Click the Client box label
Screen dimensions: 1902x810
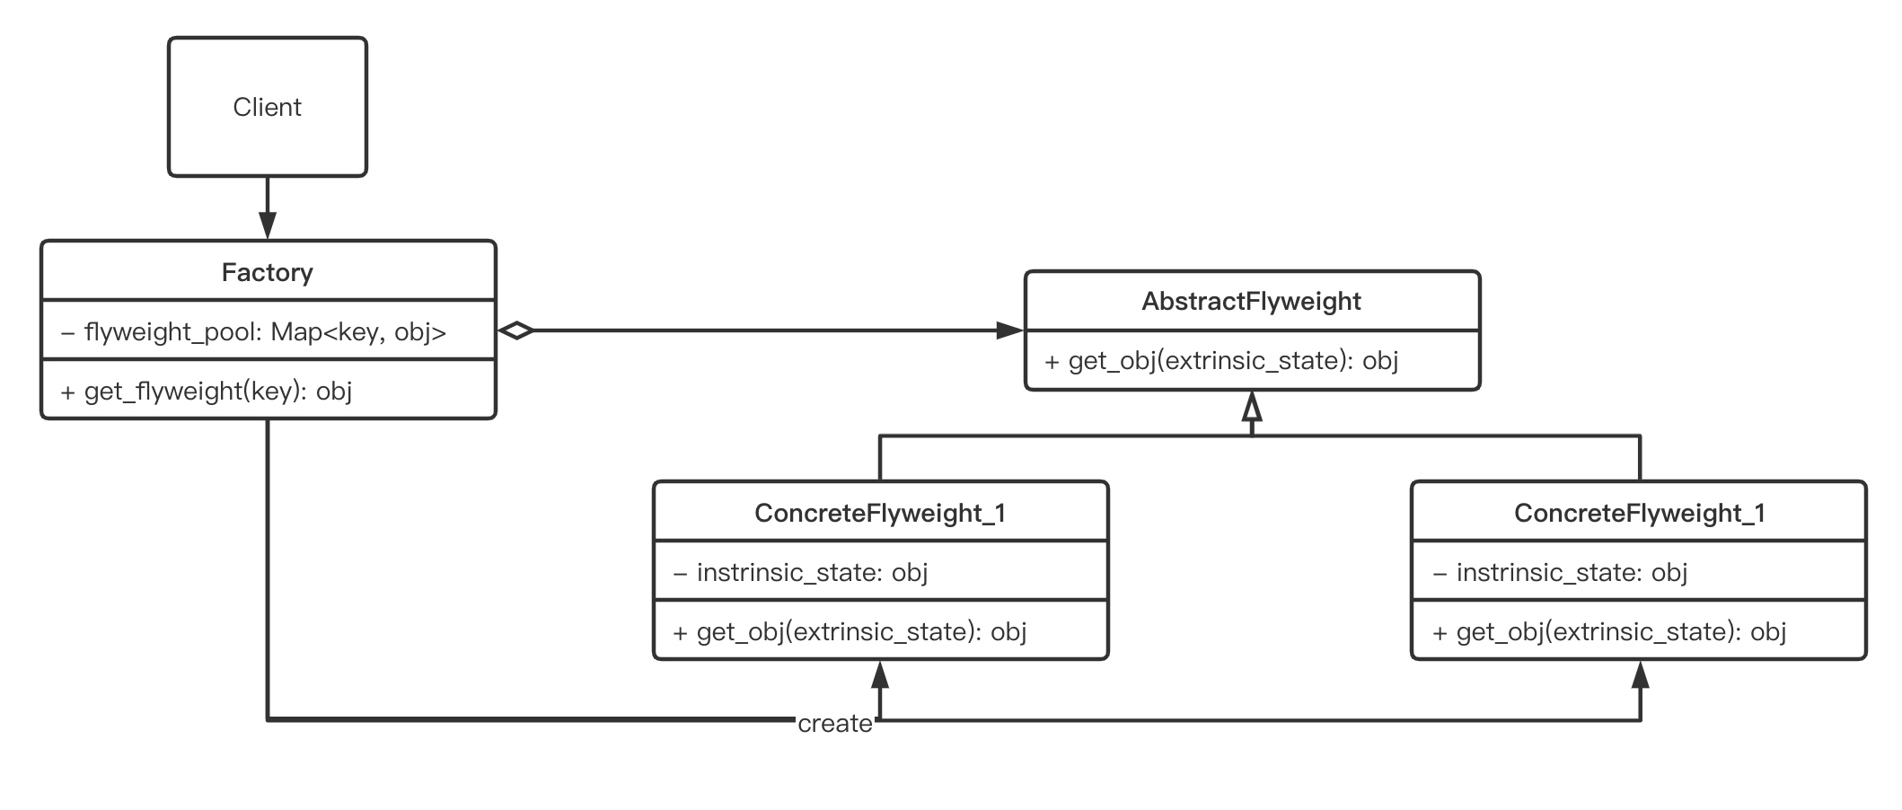267,107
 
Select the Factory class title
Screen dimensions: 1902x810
268,272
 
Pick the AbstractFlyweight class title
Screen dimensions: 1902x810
1251,302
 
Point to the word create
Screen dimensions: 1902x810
835,724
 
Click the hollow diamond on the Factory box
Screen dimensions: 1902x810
515,330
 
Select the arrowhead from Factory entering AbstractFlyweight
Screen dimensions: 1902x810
1010,330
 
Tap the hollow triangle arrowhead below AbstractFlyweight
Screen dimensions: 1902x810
1252,406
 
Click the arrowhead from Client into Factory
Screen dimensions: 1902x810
268,225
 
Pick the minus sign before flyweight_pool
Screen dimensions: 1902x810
67,333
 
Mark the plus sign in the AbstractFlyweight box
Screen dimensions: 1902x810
1052,362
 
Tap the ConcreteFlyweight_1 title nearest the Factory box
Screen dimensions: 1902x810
880,513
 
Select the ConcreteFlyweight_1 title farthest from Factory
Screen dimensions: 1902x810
1640,513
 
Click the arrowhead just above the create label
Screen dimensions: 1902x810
880,674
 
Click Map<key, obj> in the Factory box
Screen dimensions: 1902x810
358,332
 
